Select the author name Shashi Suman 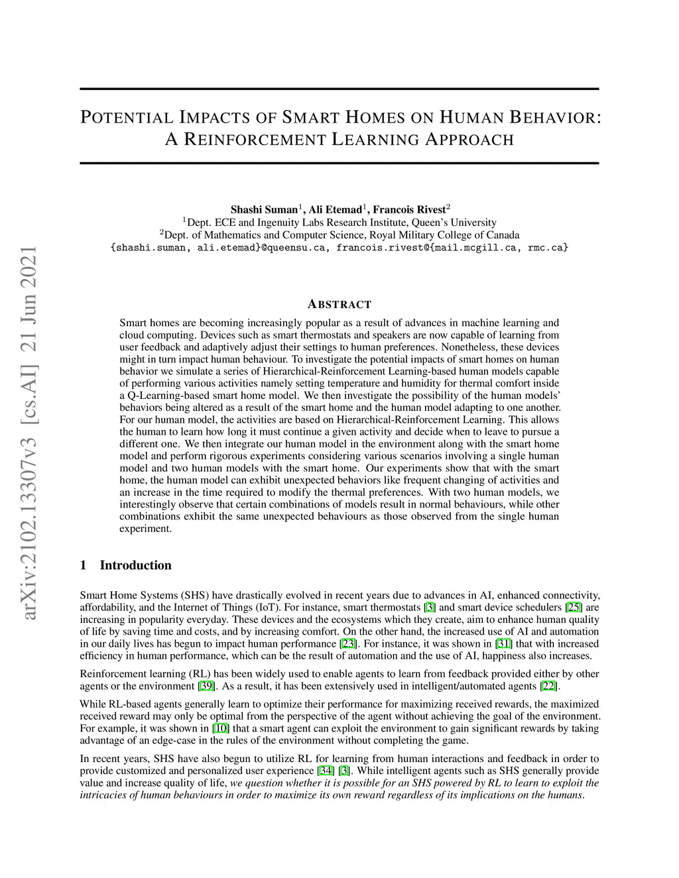click(264, 210)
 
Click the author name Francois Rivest click(409, 210)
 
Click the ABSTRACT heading click(339, 305)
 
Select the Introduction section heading click(135, 565)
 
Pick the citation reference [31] click(504, 643)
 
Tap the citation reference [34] click(326, 771)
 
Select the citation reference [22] click(549, 686)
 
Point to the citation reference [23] click(347, 643)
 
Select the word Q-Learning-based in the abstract click(167, 396)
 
